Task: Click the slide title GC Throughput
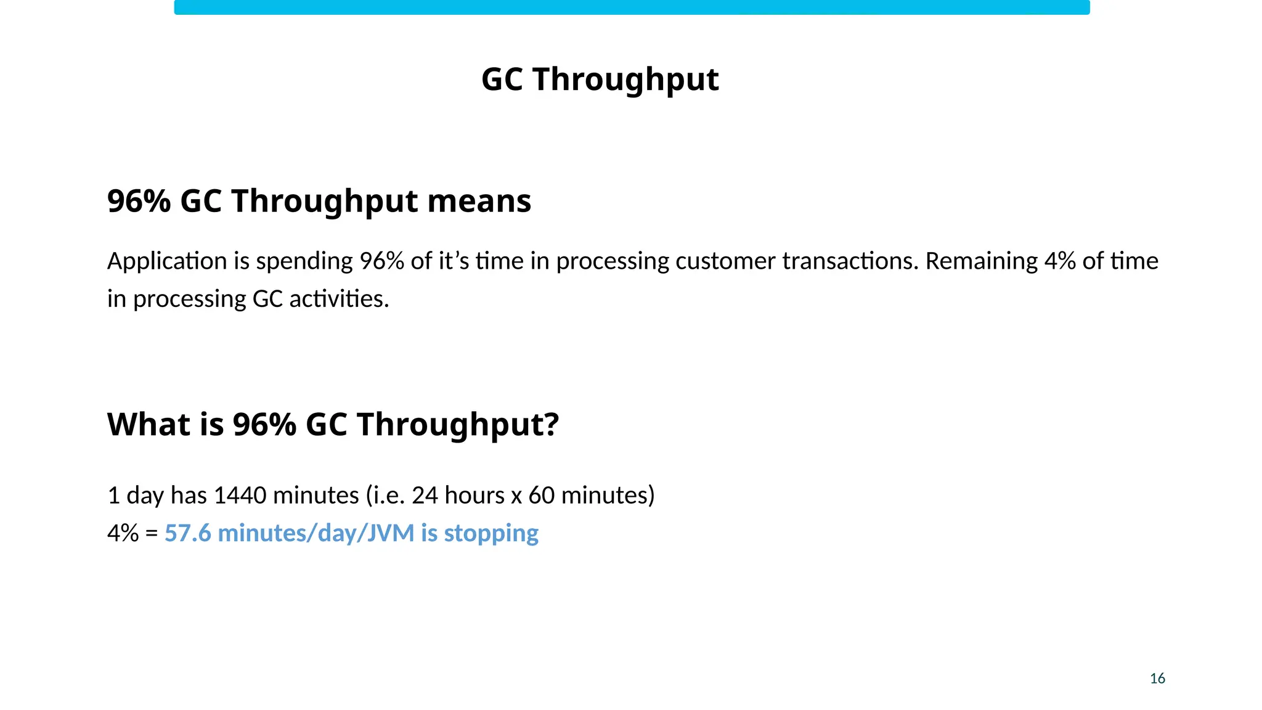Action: click(600, 80)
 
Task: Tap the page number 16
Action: click(1157, 679)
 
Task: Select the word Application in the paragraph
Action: click(167, 261)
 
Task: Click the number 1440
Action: click(240, 496)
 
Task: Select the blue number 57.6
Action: click(187, 533)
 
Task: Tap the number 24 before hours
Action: click(425, 496)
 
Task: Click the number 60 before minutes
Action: click(541, 496)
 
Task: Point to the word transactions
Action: click(850, 261)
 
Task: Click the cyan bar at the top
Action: click(632, 7)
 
